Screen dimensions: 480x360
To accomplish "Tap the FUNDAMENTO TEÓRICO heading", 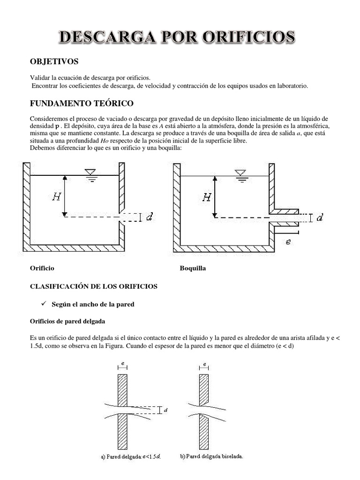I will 82,103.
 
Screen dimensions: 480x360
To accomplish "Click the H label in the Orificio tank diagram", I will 56,197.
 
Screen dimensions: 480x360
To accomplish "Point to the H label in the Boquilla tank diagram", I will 206,197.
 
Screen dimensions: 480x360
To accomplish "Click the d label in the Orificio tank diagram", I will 149,217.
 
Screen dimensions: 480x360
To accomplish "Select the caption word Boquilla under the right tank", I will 193,269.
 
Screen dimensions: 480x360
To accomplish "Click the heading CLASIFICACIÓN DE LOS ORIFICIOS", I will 94,286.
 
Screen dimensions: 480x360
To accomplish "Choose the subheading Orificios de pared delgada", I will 67,322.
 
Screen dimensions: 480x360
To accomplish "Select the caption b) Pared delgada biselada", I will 211,456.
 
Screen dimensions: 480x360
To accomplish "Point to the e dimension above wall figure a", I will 122,363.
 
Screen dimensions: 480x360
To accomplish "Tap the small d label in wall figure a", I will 166,410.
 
